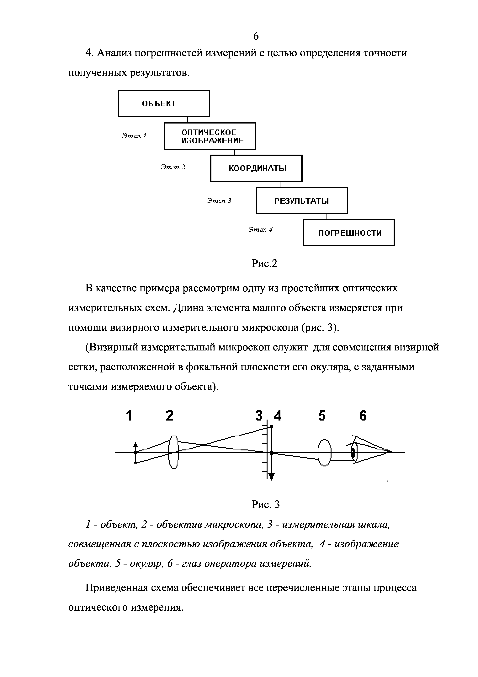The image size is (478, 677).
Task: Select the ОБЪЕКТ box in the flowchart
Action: (x=164, y=103)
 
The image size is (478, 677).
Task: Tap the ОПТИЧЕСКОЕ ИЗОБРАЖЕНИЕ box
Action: (x=210, y=136)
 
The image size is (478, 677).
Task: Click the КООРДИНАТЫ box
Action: (x=256, y=168)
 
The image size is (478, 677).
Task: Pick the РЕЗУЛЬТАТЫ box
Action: (x=302, y=201)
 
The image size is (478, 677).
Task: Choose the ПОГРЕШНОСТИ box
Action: (x=349, y=233)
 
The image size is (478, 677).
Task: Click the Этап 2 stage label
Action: (x=173, y=167)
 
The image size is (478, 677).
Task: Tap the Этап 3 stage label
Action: (x=219, y=201)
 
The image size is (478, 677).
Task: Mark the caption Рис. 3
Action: (x=266, y=504)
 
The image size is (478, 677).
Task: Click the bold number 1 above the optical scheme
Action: (x=129, y=416)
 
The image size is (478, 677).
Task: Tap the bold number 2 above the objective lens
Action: (x=169, y=416)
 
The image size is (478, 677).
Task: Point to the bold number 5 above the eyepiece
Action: (x=322, y=416)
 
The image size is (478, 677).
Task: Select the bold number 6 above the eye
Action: (x=363, y=416)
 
